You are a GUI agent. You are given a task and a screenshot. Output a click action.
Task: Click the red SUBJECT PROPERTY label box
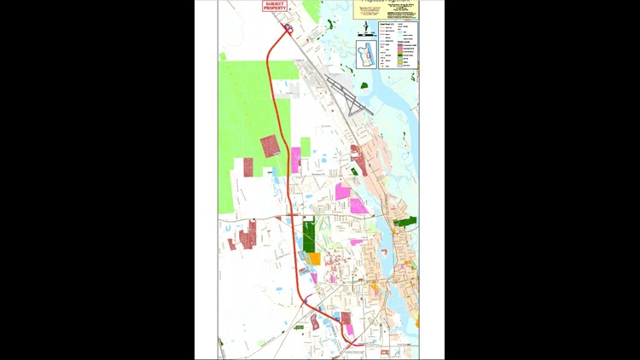[x=274, y=6]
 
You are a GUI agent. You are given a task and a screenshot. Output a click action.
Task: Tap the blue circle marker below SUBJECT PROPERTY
[x=288, y=28]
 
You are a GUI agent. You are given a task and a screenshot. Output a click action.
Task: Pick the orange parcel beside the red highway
[x=314, y=258]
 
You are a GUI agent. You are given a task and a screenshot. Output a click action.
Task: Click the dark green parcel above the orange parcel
[x=309, y=234]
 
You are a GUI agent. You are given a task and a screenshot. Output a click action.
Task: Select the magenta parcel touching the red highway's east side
[x=296, y=160]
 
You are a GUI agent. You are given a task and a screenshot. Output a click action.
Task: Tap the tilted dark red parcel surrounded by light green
[x=270, y=146]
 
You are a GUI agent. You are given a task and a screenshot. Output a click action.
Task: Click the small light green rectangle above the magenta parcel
[x=305, y=147]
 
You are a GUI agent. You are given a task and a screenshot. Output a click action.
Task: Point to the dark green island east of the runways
[x=364, y=85]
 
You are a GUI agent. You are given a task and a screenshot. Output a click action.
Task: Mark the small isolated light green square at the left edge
[x=223, y=57]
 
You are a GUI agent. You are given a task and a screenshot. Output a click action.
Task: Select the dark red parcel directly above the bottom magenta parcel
[x=346, y=319]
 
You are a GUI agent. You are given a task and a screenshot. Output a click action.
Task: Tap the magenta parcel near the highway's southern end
[x=349, y=329]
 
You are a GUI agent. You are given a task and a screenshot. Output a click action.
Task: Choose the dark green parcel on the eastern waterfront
[x=406, y=222]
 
